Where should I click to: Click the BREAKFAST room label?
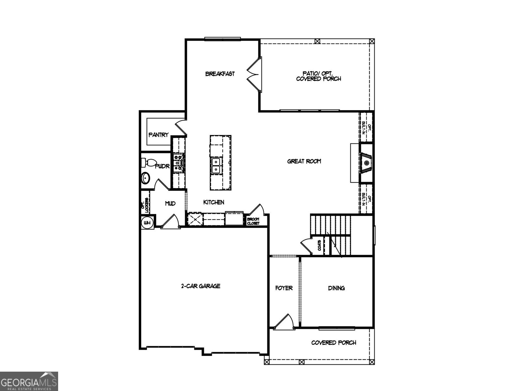tap(220, 74)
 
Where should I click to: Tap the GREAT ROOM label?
tap(304, 161)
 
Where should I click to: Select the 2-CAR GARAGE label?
tap(201, 286)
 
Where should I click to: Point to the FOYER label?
tap(284, 288)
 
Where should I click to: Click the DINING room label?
tap(336, 288)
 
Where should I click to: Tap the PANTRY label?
tap(159, 135)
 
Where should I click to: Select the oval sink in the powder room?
tap(146, 178)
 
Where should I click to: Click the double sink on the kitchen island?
tap(216, 166)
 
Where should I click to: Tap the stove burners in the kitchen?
tap(179, 162)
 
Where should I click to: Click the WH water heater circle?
tap(147, 223)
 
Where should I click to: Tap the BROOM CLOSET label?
tap(253, 221)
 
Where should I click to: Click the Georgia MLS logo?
tap(29, 381)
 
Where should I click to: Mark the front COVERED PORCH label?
tap(333, 343)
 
